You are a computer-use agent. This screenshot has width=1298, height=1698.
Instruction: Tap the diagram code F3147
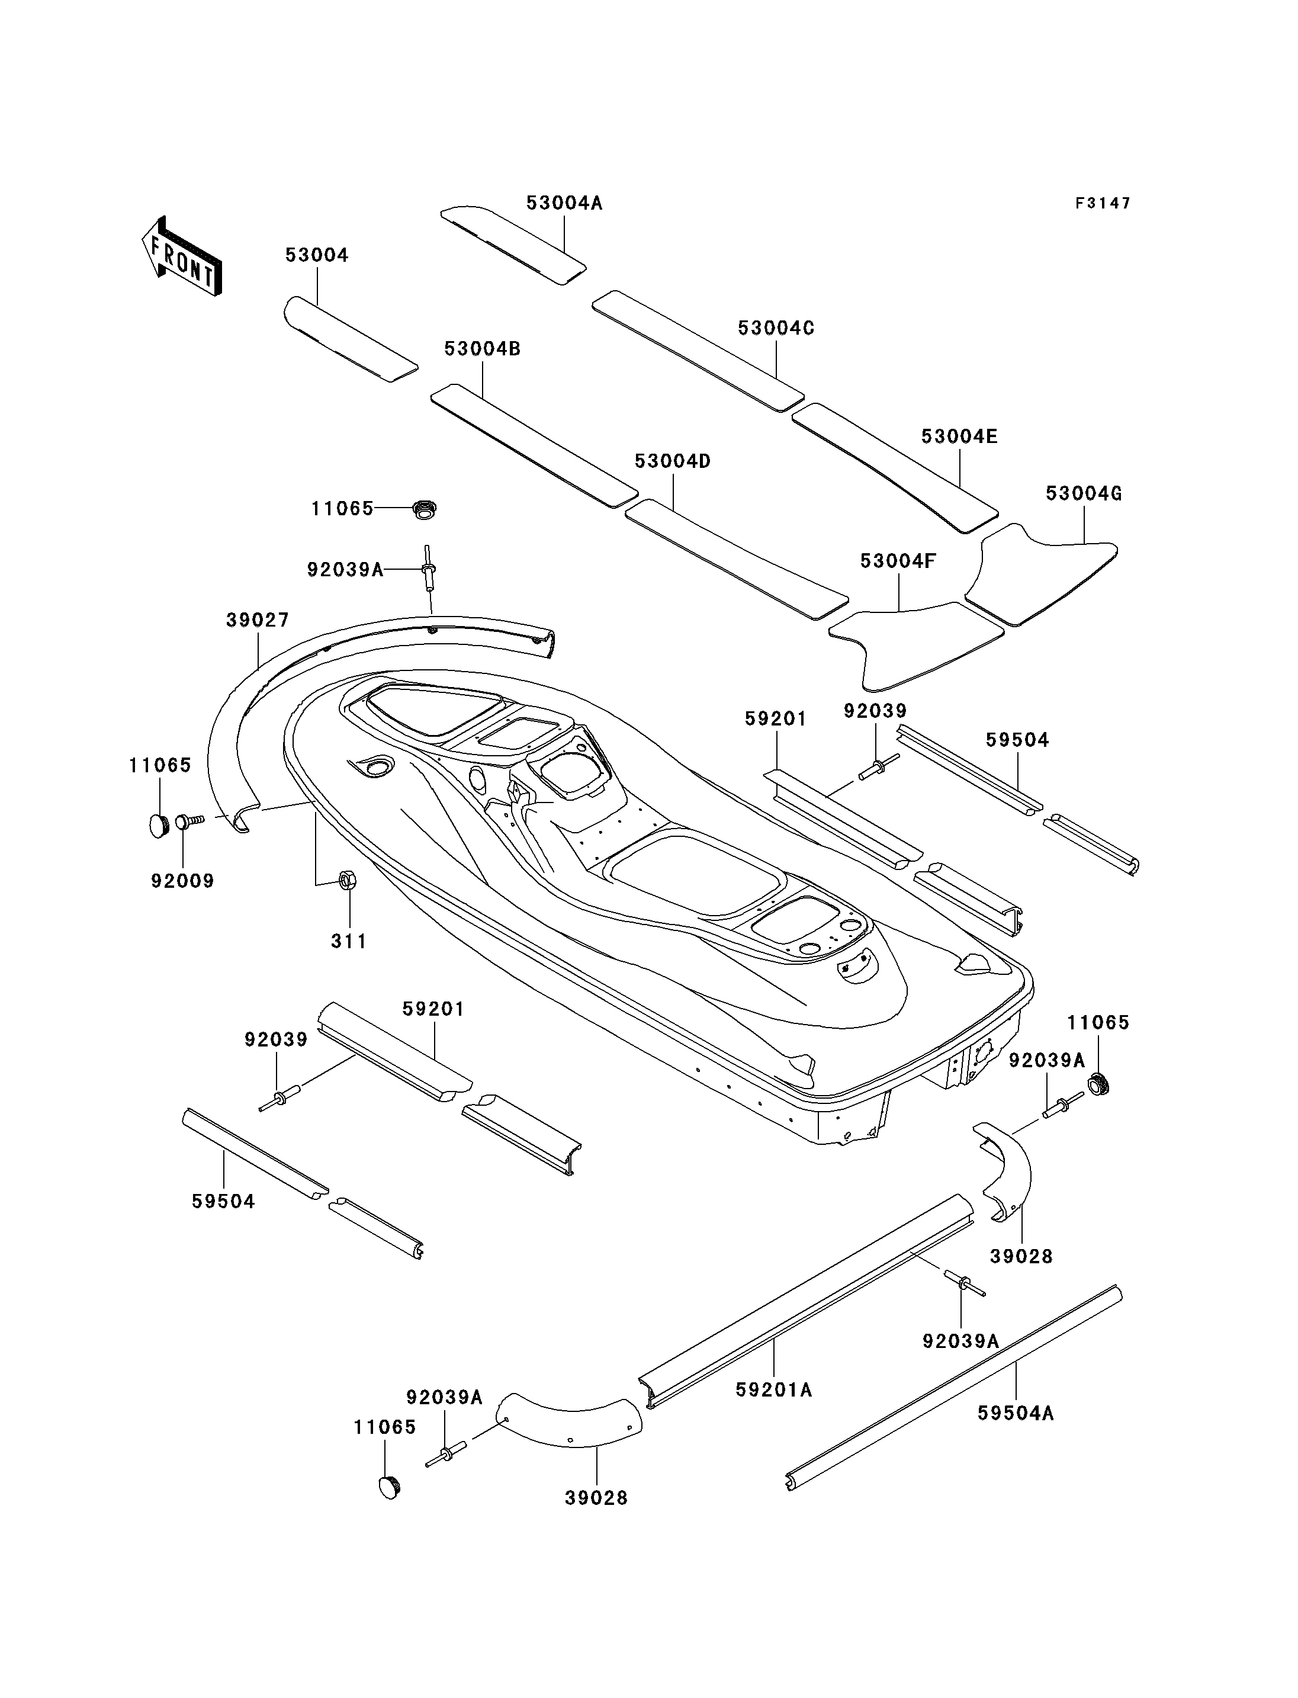1103,203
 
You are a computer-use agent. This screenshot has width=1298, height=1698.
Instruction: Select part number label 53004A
564,203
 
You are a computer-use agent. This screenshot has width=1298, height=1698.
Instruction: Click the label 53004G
1083,494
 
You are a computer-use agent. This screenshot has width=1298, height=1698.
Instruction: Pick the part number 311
348,941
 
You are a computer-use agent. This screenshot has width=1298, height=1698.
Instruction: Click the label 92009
182,881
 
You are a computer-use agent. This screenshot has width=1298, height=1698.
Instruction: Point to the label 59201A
773,1389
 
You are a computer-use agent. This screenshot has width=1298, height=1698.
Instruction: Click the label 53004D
672,461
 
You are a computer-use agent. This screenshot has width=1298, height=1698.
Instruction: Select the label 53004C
776,328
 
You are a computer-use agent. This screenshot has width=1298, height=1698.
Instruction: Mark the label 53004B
482,349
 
